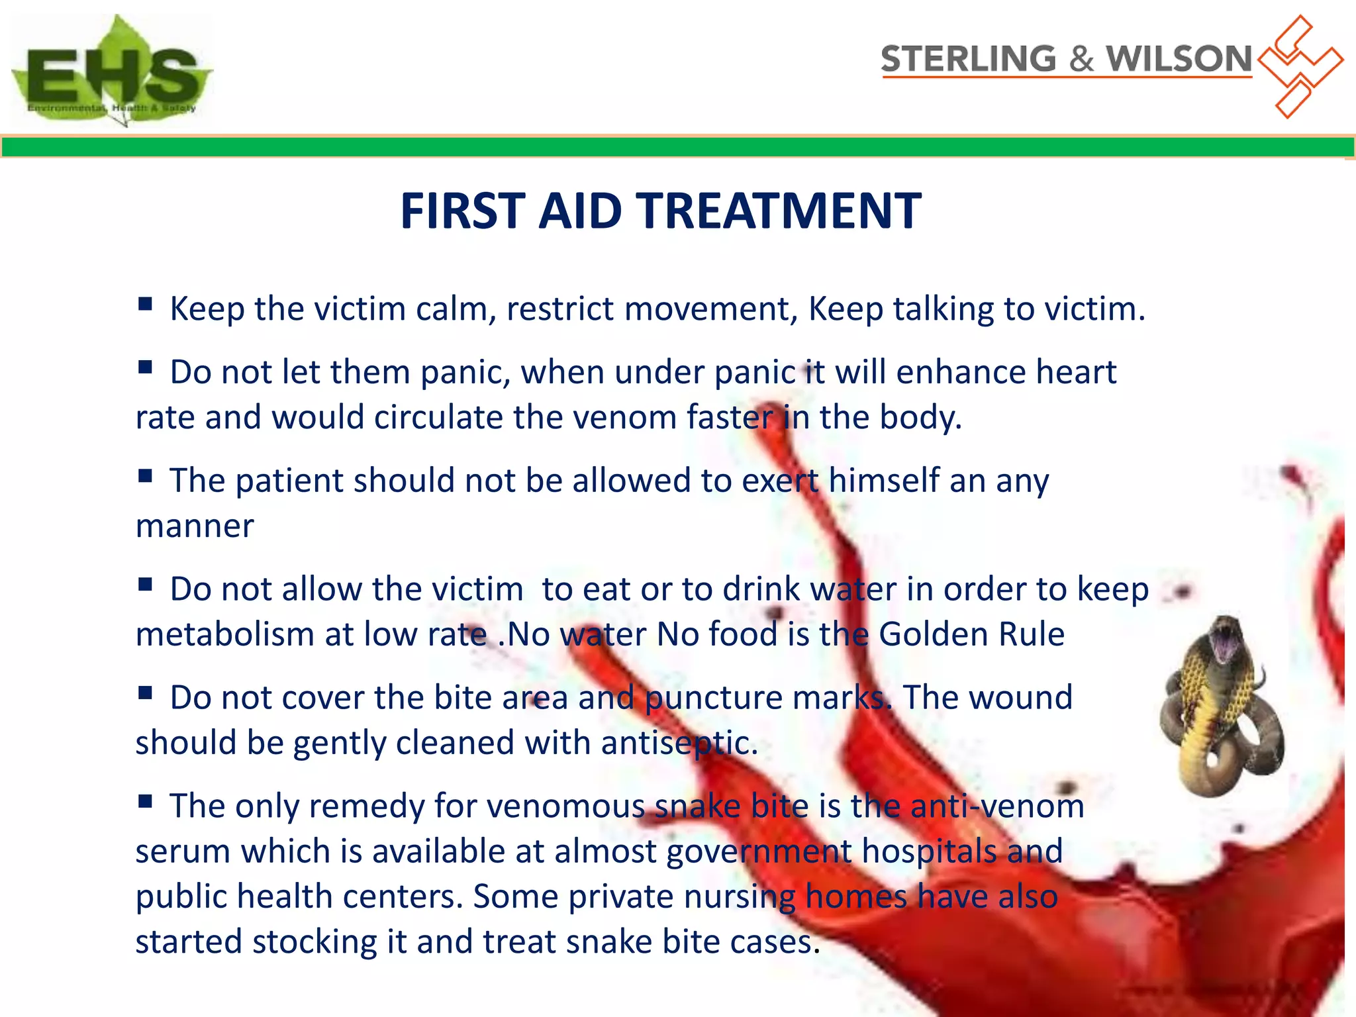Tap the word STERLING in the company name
968,59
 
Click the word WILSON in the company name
1179,59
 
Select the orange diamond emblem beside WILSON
1299,66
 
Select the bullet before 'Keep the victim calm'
145,305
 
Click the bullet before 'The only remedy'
145,802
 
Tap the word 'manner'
195,526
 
